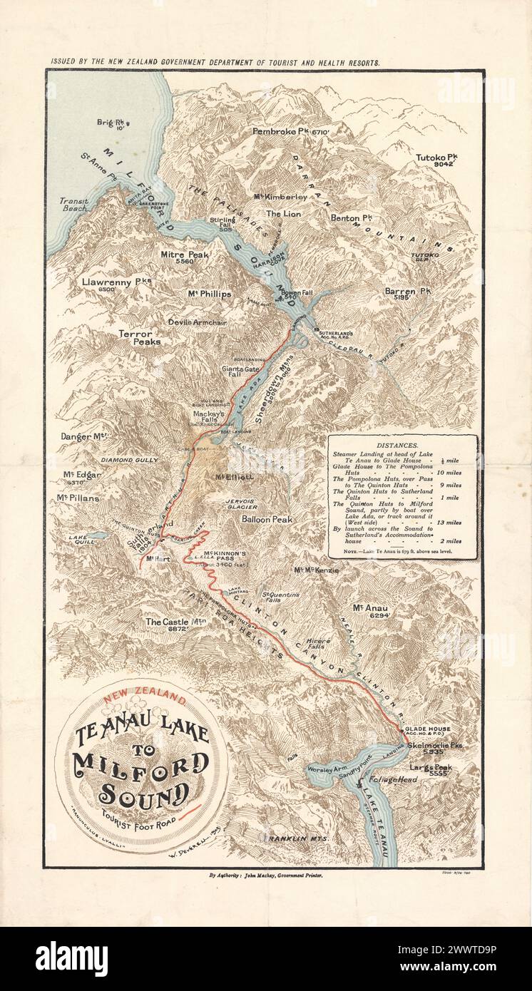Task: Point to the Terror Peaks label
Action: click(140, 337)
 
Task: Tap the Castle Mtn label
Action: click(176, 622)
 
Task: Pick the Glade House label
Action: click(426, 729)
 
